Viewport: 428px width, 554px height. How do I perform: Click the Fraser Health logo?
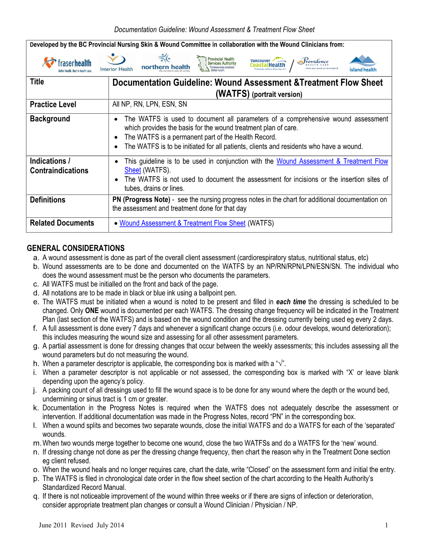click(x=67, y=64)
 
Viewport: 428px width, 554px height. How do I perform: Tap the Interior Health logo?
click(x=116, y=63)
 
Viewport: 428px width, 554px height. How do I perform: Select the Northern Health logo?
click(x=165, y=63)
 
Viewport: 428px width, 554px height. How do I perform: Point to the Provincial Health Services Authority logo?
click(x=217, y=64)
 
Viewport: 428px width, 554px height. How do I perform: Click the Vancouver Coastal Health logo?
click(x=268, y=64)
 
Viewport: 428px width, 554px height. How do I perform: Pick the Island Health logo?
click(x=363, y=64)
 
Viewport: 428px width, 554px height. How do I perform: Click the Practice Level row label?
click(x=53, y=105)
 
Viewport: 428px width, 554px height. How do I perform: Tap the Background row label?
click(x=50, y=119)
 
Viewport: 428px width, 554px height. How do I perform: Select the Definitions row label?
click(x=47, y=200)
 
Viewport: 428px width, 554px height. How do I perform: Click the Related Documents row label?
click(x=62, y=223)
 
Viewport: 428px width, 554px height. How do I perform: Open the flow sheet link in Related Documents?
click(x=182, y=223)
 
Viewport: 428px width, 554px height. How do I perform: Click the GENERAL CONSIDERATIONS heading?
click(x=76, y=248)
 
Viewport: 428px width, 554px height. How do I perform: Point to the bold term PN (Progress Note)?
click(x=141, y=200)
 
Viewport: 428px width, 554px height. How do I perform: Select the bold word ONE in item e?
click(x=91, y=311)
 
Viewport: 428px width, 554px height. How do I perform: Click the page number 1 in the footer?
click(x=386, y=525)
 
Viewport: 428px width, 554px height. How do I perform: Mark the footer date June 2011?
click(x=52, y=525)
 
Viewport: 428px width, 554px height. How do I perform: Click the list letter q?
click(x=36, y=496)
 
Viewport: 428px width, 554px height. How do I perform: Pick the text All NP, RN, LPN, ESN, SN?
click(x=149, y=104)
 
